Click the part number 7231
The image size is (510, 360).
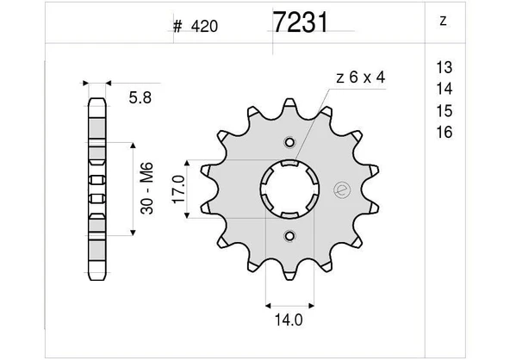(299, 22)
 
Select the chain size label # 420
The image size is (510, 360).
(196, 26)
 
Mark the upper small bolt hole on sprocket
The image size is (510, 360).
(290, 143)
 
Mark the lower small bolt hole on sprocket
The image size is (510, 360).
(290, 235)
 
